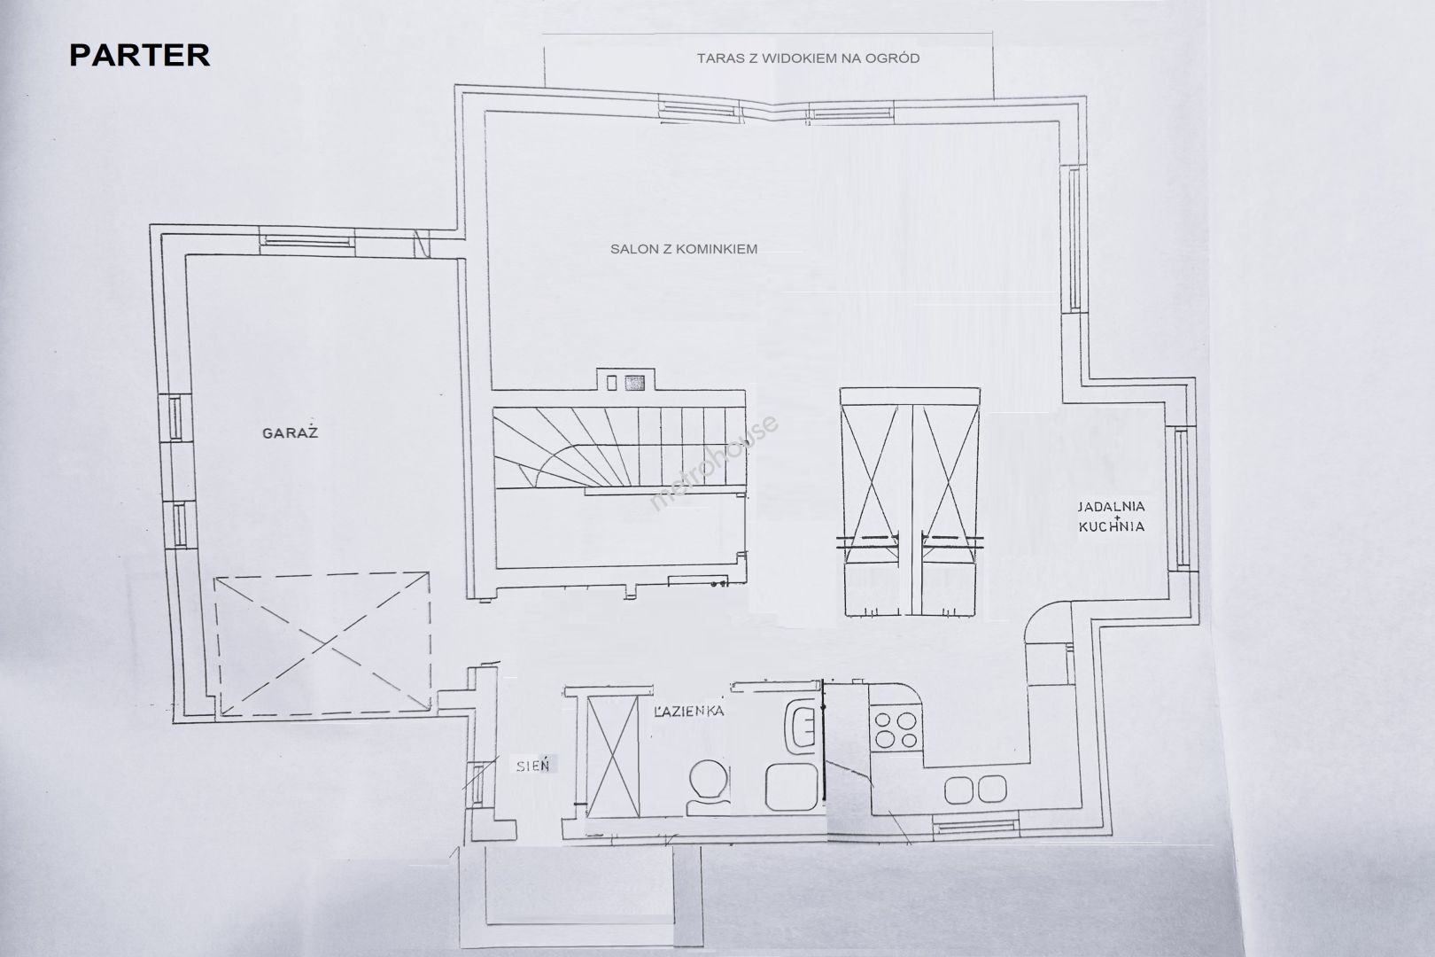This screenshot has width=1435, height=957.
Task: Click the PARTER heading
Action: pos(140,56)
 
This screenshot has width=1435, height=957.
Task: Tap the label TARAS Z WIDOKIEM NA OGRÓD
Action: pos(808,58)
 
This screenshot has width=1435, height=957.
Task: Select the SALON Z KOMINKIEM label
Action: pos(684,249)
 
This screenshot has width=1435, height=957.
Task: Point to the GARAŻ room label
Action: pos(291,432)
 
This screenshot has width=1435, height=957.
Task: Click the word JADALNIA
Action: pos(1112,506)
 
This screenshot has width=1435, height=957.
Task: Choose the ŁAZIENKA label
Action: pos(688,711)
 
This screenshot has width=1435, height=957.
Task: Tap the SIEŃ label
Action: pos(533,766)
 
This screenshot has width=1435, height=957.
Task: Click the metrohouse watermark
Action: pos(714,463)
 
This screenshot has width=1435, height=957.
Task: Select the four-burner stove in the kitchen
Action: pos(896,730)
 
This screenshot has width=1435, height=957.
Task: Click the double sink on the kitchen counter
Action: pos(975,790)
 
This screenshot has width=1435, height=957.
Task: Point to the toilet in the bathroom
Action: pos(709,788)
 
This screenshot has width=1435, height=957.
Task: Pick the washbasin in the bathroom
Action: pos(800,727)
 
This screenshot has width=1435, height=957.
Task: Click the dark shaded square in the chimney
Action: pos(635,384)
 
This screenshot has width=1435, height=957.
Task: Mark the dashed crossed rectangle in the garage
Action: pos(322,643)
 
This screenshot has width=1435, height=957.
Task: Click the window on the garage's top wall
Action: pos(307,241)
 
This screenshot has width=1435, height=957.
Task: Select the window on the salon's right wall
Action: pos(1074,238)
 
